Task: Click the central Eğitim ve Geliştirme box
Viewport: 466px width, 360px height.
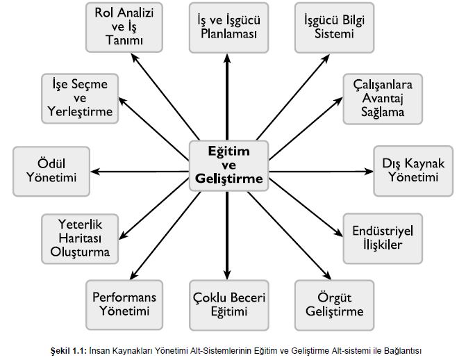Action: pyautogui.click(x=228, y=165)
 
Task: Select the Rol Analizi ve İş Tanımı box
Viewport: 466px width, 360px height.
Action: pyautogui.click(x=124, y=26)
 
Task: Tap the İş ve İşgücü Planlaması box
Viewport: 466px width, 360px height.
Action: pyautogui.click(x=227, y=26)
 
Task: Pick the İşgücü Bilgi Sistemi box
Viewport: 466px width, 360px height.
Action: pyautogui.click(x=330, y=26)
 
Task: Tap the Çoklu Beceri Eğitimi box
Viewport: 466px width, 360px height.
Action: pyautogui.click(x=228, y=304)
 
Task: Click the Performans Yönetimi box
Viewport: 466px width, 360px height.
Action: pyautogui.click(x=124, y=304)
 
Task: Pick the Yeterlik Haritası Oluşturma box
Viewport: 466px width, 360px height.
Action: pyautogui.click(x=76, y=237)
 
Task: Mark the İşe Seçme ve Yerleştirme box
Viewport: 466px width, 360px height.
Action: pyautogui.click(x=76, y=97)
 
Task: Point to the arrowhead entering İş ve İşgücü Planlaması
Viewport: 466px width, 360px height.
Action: pyautogui.click(x=227, y=58)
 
